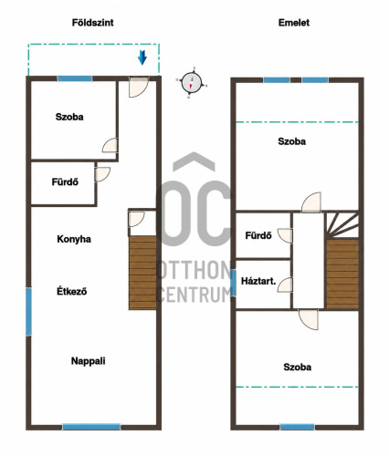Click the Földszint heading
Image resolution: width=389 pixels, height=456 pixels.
[92, 23]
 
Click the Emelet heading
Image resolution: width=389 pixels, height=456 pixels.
[294, 23]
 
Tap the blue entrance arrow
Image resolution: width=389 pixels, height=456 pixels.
[142, 57]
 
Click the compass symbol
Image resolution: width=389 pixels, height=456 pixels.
[192, 82]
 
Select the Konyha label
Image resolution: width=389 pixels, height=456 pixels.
[74, 239]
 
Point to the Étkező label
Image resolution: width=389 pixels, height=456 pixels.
[72, 291]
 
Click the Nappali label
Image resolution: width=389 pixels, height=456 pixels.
[89, 361]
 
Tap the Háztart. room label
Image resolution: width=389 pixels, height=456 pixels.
[258, 281]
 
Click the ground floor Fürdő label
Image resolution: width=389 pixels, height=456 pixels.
[65, 181]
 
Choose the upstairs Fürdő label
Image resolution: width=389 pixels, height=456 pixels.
[258, 235]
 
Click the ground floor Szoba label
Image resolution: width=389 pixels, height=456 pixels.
[69, 117]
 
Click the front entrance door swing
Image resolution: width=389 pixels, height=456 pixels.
[139, 88]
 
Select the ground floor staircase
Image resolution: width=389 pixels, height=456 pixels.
[142, 273]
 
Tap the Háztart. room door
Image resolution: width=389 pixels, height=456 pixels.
[286, 285]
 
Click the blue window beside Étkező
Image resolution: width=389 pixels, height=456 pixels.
[28, 312]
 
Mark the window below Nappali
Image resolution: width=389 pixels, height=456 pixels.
[91, 427]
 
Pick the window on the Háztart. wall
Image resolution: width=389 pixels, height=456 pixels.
[233, 283]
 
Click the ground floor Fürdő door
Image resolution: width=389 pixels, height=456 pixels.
[102, 174]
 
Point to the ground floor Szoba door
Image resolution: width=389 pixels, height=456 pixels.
[110, 145]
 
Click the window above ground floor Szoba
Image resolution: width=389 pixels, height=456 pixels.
[75, 78]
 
